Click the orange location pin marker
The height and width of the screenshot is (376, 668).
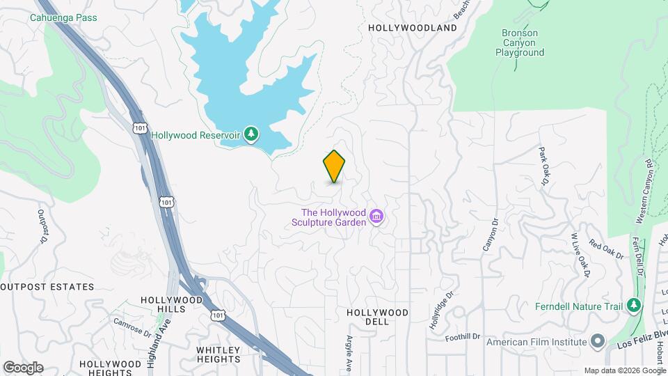[334, 166]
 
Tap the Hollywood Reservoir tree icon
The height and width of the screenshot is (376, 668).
[250, 134]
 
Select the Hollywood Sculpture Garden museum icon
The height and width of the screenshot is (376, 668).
[377, 217]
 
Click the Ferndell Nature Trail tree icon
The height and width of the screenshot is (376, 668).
[633, 306]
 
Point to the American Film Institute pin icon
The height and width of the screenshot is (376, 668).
[597, 341]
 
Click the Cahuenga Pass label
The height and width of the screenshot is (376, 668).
[63, 17]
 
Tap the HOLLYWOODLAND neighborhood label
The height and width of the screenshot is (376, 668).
[412, 28]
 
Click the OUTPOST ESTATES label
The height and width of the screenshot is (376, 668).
[47, 287]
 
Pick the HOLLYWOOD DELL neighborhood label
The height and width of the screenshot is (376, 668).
[377, 317]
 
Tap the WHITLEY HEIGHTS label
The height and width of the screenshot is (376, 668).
[218, 354]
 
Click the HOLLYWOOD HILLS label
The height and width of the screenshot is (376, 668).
[171, 304]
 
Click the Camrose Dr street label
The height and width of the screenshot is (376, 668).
[133, 327]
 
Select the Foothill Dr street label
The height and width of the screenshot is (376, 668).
[463, 337]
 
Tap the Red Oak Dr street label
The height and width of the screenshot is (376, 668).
[606, 249]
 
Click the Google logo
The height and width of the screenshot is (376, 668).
[23, 367]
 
